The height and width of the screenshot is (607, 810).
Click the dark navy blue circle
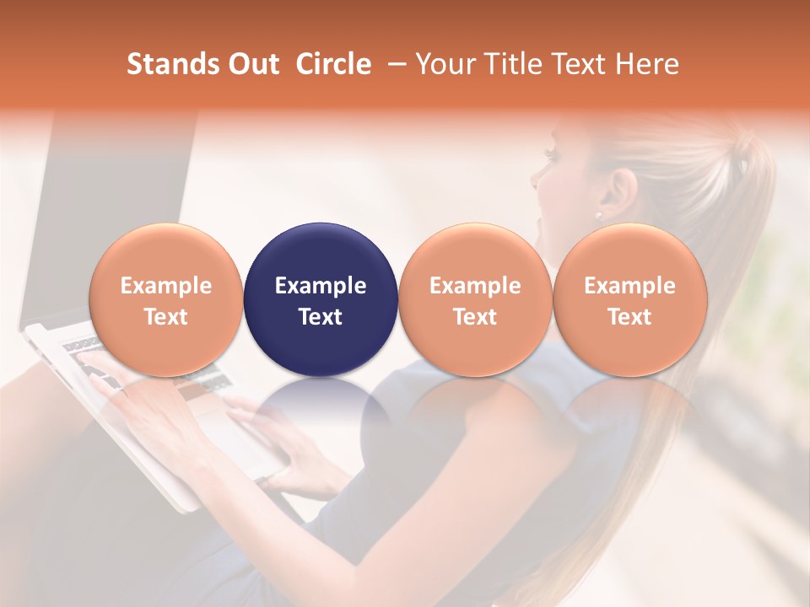click(321, 299)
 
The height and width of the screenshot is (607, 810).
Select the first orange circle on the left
click(166, 299)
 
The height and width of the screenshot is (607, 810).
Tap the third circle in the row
click(475, 299)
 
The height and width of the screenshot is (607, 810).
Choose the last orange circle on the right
click(629, 299)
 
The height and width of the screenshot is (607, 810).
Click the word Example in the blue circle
click(321, 286)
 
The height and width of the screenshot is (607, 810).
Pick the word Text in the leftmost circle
click(166, 317)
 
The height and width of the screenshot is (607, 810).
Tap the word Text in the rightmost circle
click(629, 317)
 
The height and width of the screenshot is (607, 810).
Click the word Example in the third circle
click(475, 286)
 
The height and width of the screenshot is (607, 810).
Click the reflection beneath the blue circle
click(321, 405)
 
